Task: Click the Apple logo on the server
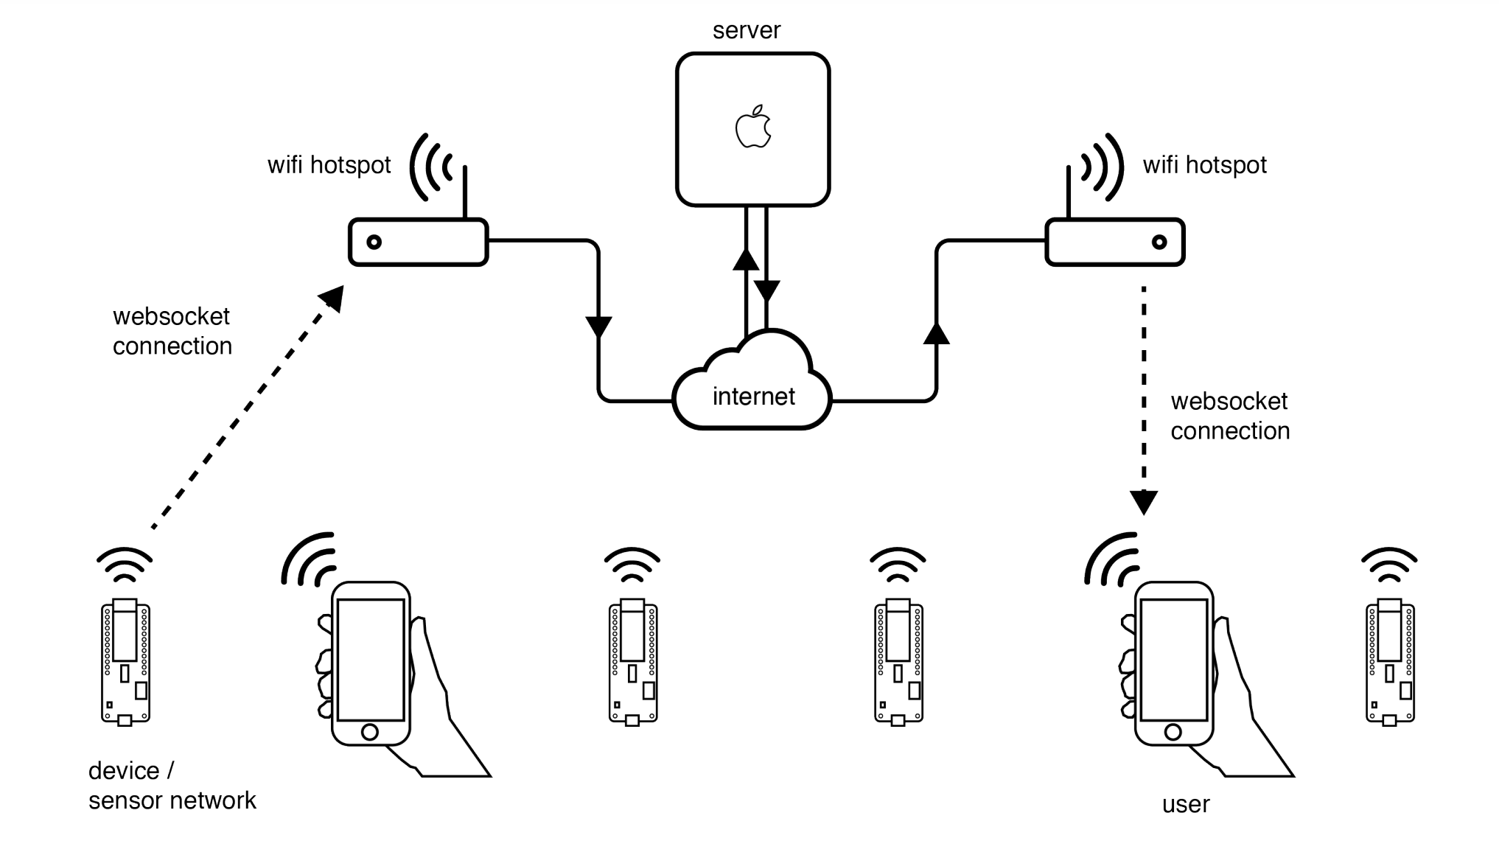coord(753,128)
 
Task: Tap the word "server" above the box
coord(746,30)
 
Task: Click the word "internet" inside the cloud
coord(753,397)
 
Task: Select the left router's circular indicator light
coord(374,242)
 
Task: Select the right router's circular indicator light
coord(1159,242)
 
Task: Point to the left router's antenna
coord(465,192)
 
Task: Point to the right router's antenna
coord(1069,192)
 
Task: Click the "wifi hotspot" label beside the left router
coord(329,165)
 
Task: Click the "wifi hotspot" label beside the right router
coord(1204,165)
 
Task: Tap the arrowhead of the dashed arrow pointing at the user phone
coord(1144,503)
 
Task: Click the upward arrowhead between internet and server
coord(746,259)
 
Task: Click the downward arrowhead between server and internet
coord(767,292)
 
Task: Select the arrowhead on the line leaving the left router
coord(598,327)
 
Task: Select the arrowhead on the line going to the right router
coord(936,333)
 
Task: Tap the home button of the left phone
coord(370,732)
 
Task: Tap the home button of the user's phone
coord(1173,732)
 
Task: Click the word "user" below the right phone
coord(1185,804)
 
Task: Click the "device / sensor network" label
coord(172,786)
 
